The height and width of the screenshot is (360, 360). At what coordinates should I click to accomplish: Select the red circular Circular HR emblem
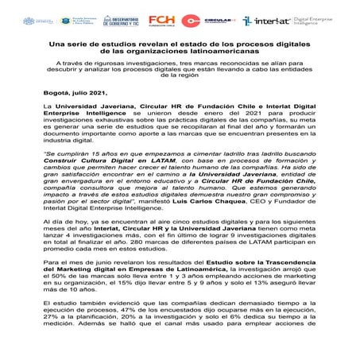point(192,21)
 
